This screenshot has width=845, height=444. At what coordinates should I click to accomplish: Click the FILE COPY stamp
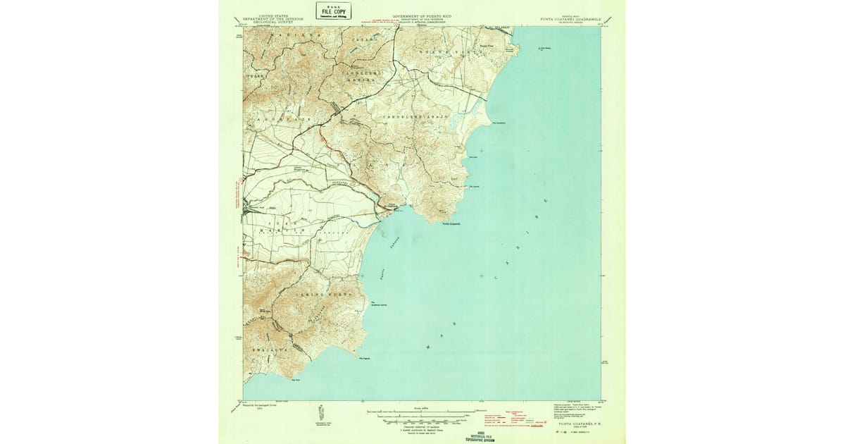coord(333,11)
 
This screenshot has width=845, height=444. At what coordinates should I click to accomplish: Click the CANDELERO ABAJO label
coord(415,115)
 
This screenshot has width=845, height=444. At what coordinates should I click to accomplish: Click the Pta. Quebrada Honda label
coord(380,304)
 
